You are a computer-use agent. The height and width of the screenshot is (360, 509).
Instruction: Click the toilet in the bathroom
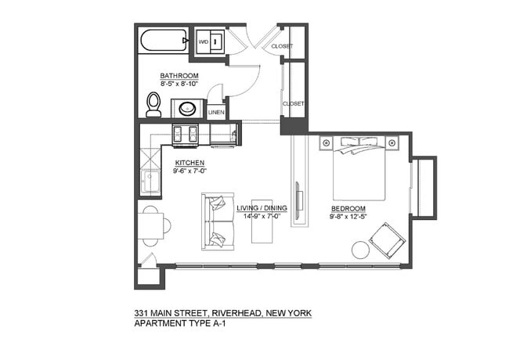(x=153, y=105)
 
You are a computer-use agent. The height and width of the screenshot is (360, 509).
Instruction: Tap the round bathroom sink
(x=188, y=108)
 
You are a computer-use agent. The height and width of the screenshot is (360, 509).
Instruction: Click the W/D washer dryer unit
(x=210, y=41)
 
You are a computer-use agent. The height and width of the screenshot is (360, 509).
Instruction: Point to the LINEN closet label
(x=216, y=113)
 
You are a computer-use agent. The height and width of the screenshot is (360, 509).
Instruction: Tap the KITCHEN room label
(x=190, y=162)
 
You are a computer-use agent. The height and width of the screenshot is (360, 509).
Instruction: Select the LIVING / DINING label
(x=262, y=208)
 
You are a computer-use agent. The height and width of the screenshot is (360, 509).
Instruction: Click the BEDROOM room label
(x=348, y=208)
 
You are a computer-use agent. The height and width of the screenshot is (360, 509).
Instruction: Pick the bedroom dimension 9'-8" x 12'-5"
(x=348, y=216)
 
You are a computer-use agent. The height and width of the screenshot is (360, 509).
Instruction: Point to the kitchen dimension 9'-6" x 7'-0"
(x=190, y=170)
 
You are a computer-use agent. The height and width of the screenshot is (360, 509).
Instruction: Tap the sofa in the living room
(x=218, y=221)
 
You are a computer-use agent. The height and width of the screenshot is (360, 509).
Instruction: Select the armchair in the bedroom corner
(x=387, y=239)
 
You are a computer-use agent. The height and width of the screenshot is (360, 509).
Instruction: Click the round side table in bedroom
(x=361, y=250)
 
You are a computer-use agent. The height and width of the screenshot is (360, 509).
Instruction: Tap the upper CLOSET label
(x=282, y=46)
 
